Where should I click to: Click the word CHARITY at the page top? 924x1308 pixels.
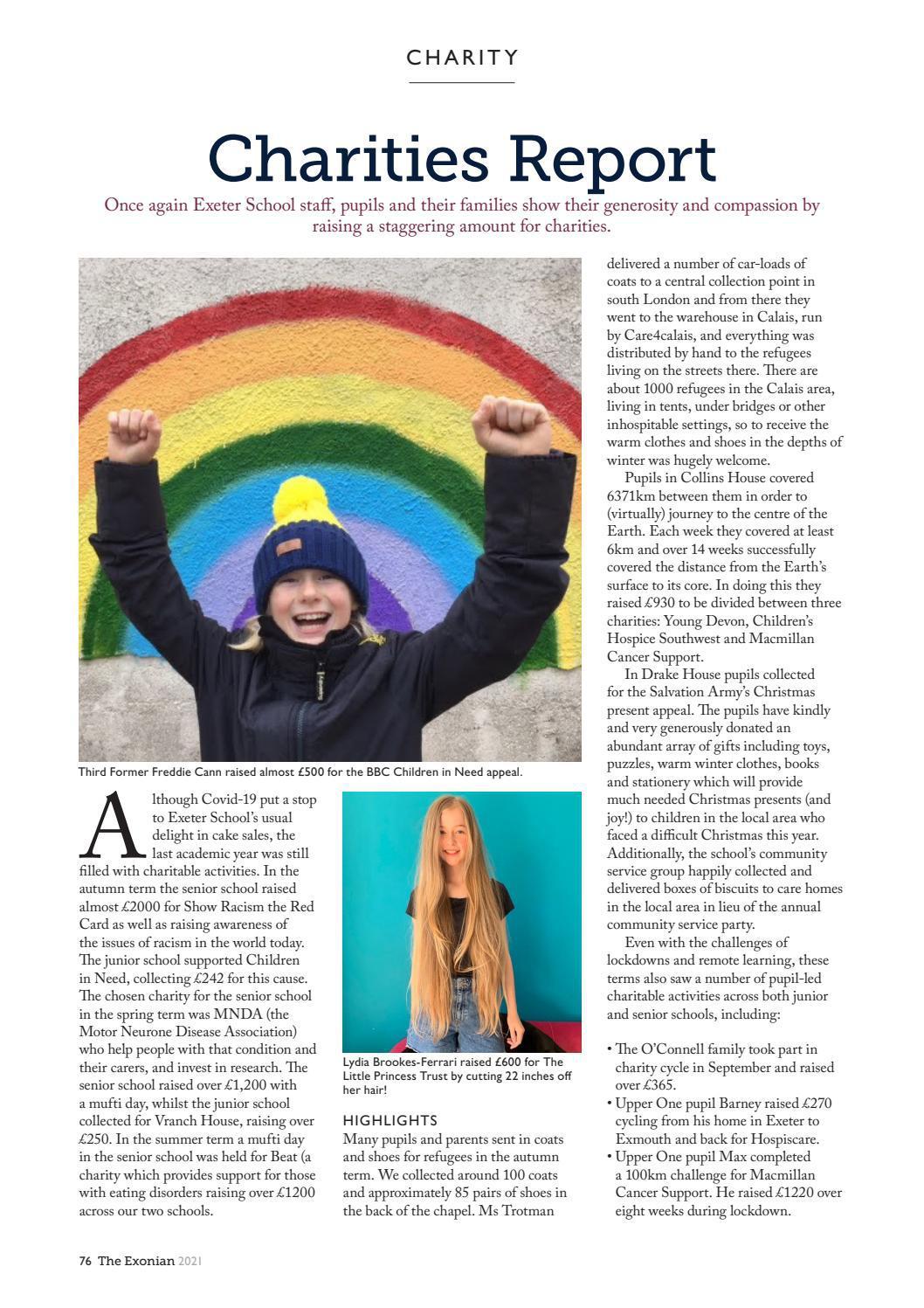coord(462,58)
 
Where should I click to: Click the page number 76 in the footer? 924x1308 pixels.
coord(85,1261)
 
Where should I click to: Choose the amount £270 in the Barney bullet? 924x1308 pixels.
coord(816,1103)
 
